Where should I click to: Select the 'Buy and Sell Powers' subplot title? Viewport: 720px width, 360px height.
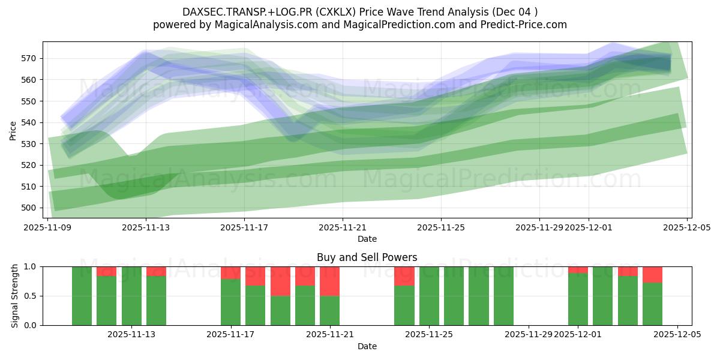pos(367,258)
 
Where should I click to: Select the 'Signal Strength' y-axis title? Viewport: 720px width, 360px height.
pos(15,296)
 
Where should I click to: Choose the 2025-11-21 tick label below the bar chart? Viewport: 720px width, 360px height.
pos(330,335)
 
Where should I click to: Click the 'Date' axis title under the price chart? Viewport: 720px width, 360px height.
pos(367,239)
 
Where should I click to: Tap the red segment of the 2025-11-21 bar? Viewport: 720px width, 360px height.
pos(329,281)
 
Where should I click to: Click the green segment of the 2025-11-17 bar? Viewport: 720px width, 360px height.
pos(230,302)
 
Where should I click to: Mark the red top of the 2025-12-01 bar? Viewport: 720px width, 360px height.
pos(578,269)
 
